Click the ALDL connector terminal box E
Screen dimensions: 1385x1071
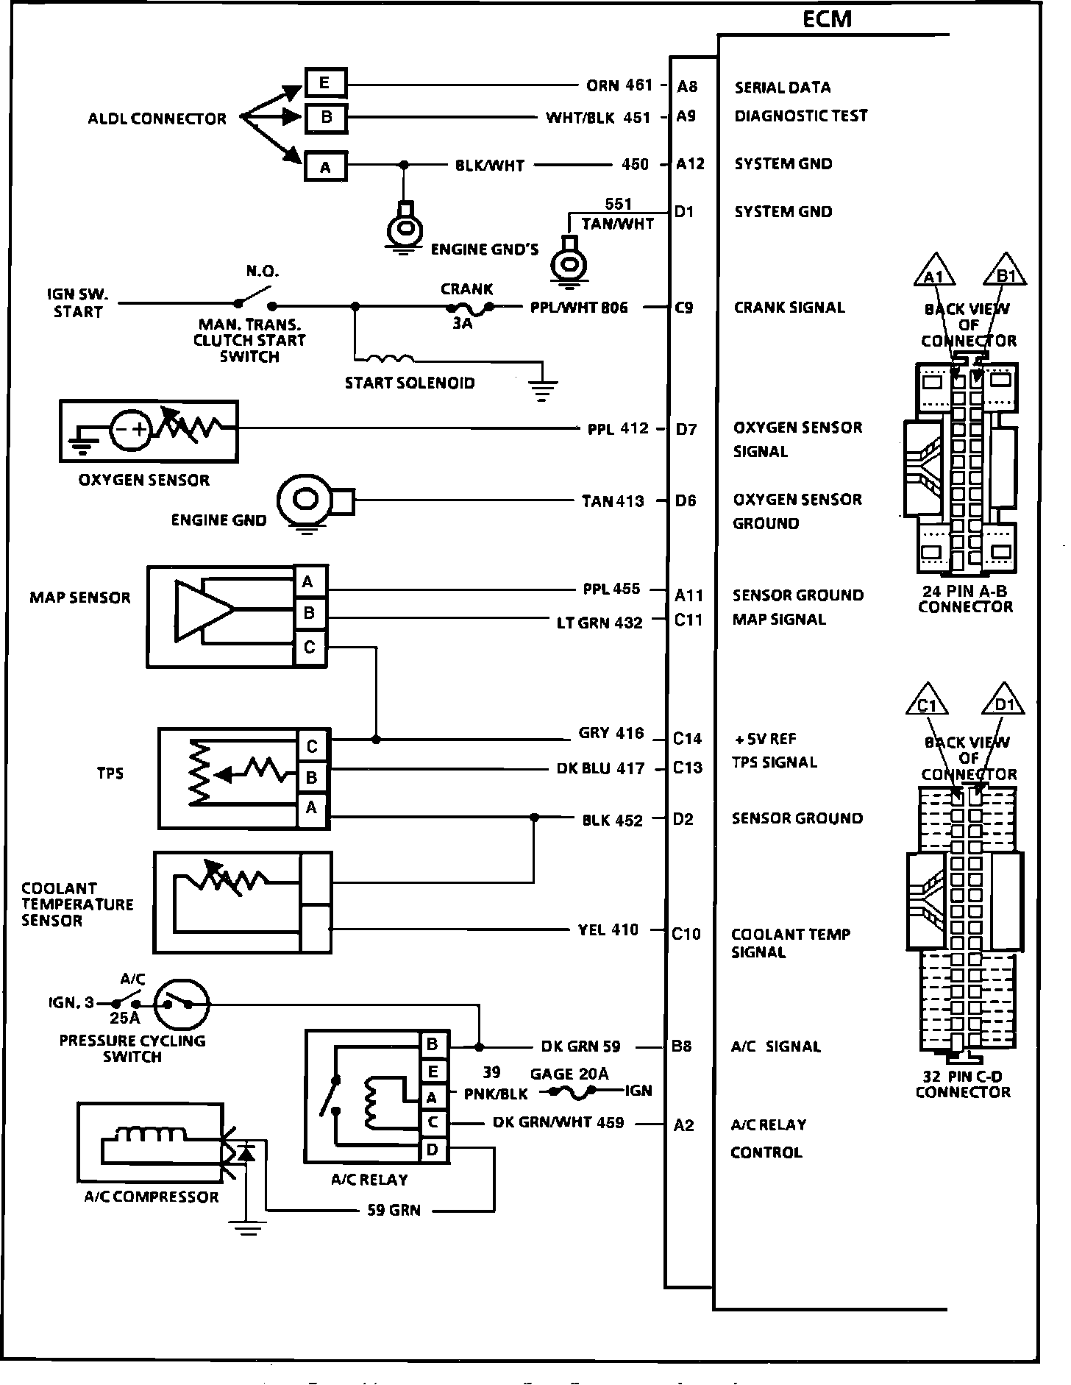(325, 82)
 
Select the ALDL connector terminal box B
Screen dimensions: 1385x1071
(325, 116)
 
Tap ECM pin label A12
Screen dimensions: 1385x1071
(690, 164)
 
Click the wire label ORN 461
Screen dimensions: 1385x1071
(619, 85)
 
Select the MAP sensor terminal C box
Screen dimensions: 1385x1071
(310, 647)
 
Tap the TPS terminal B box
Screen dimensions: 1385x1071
(312, 776)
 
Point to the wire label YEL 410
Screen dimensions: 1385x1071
(608, 929)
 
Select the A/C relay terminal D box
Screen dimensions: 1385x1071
(433, 1150)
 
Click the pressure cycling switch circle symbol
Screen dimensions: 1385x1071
(182, 1004)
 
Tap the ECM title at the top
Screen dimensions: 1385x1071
(827, 19)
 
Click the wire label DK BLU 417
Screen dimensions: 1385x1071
(600, 769)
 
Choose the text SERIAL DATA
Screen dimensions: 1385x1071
(783, 88)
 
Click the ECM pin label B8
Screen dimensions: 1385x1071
(681, 1046)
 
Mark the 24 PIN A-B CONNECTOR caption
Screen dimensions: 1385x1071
(965, 599)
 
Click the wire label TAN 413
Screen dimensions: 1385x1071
(612, 501)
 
